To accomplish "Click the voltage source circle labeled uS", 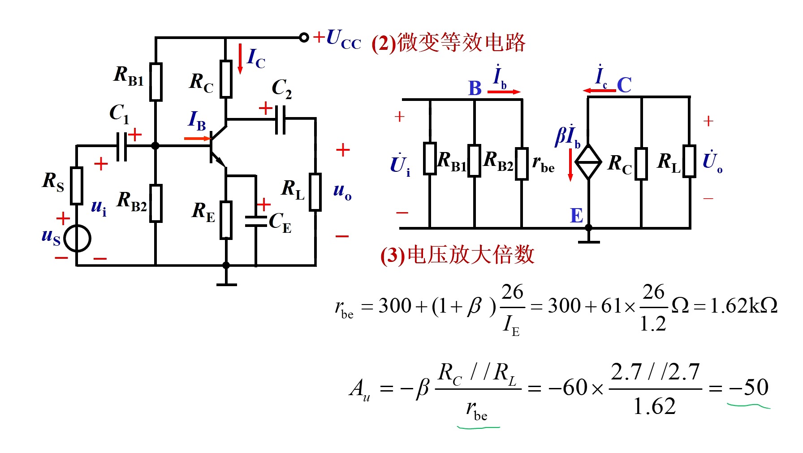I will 77,239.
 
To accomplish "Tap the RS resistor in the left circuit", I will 77,186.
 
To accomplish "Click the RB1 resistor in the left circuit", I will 155,82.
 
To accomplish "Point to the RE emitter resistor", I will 226,220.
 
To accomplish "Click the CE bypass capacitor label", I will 280,222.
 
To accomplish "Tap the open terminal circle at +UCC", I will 304,37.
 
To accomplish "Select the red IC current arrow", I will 240,59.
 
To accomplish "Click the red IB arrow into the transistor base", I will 197,139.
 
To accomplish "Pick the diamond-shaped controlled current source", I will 588,162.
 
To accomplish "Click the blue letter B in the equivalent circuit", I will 475,88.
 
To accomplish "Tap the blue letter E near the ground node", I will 576,216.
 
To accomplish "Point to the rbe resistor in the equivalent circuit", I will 522,164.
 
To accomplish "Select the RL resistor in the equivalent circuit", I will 689,161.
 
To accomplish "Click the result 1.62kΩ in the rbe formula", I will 744,306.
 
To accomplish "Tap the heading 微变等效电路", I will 461,43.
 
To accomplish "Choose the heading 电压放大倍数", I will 471,255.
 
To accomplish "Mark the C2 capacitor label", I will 282,88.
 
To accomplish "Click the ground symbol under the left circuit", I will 226,284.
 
